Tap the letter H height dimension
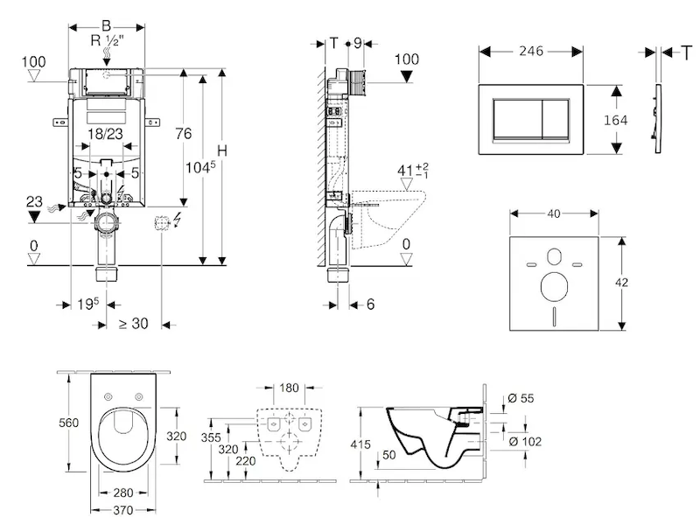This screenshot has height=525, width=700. point(222,150)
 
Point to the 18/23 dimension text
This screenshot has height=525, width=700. point(106,134)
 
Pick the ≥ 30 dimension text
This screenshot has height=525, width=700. point(133,323)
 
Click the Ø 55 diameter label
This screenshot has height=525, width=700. point(525,398)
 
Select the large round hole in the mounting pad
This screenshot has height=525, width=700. point(553,286)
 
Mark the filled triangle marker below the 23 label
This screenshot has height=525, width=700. point(34,215)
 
